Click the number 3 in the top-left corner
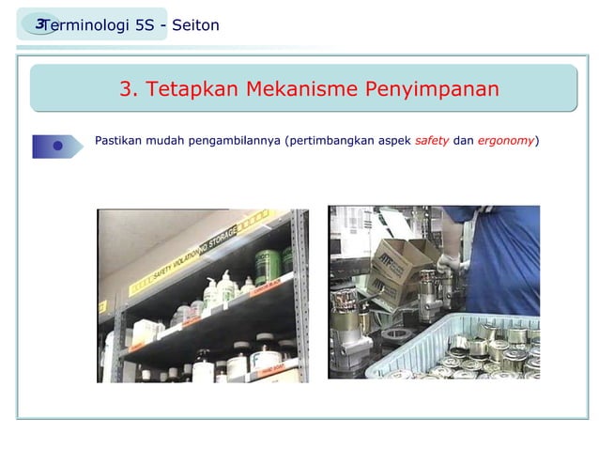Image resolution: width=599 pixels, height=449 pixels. click(x=39, y=23)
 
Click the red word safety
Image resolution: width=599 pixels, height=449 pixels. click(x=431, y=141)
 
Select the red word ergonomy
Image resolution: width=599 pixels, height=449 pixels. click(x=505, y=141)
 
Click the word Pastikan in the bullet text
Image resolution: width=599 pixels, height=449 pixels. click(x=121, y=141)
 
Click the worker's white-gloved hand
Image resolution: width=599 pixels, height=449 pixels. click(x=445, y=262)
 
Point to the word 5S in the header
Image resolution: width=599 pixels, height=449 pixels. click(x=145, y=25)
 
